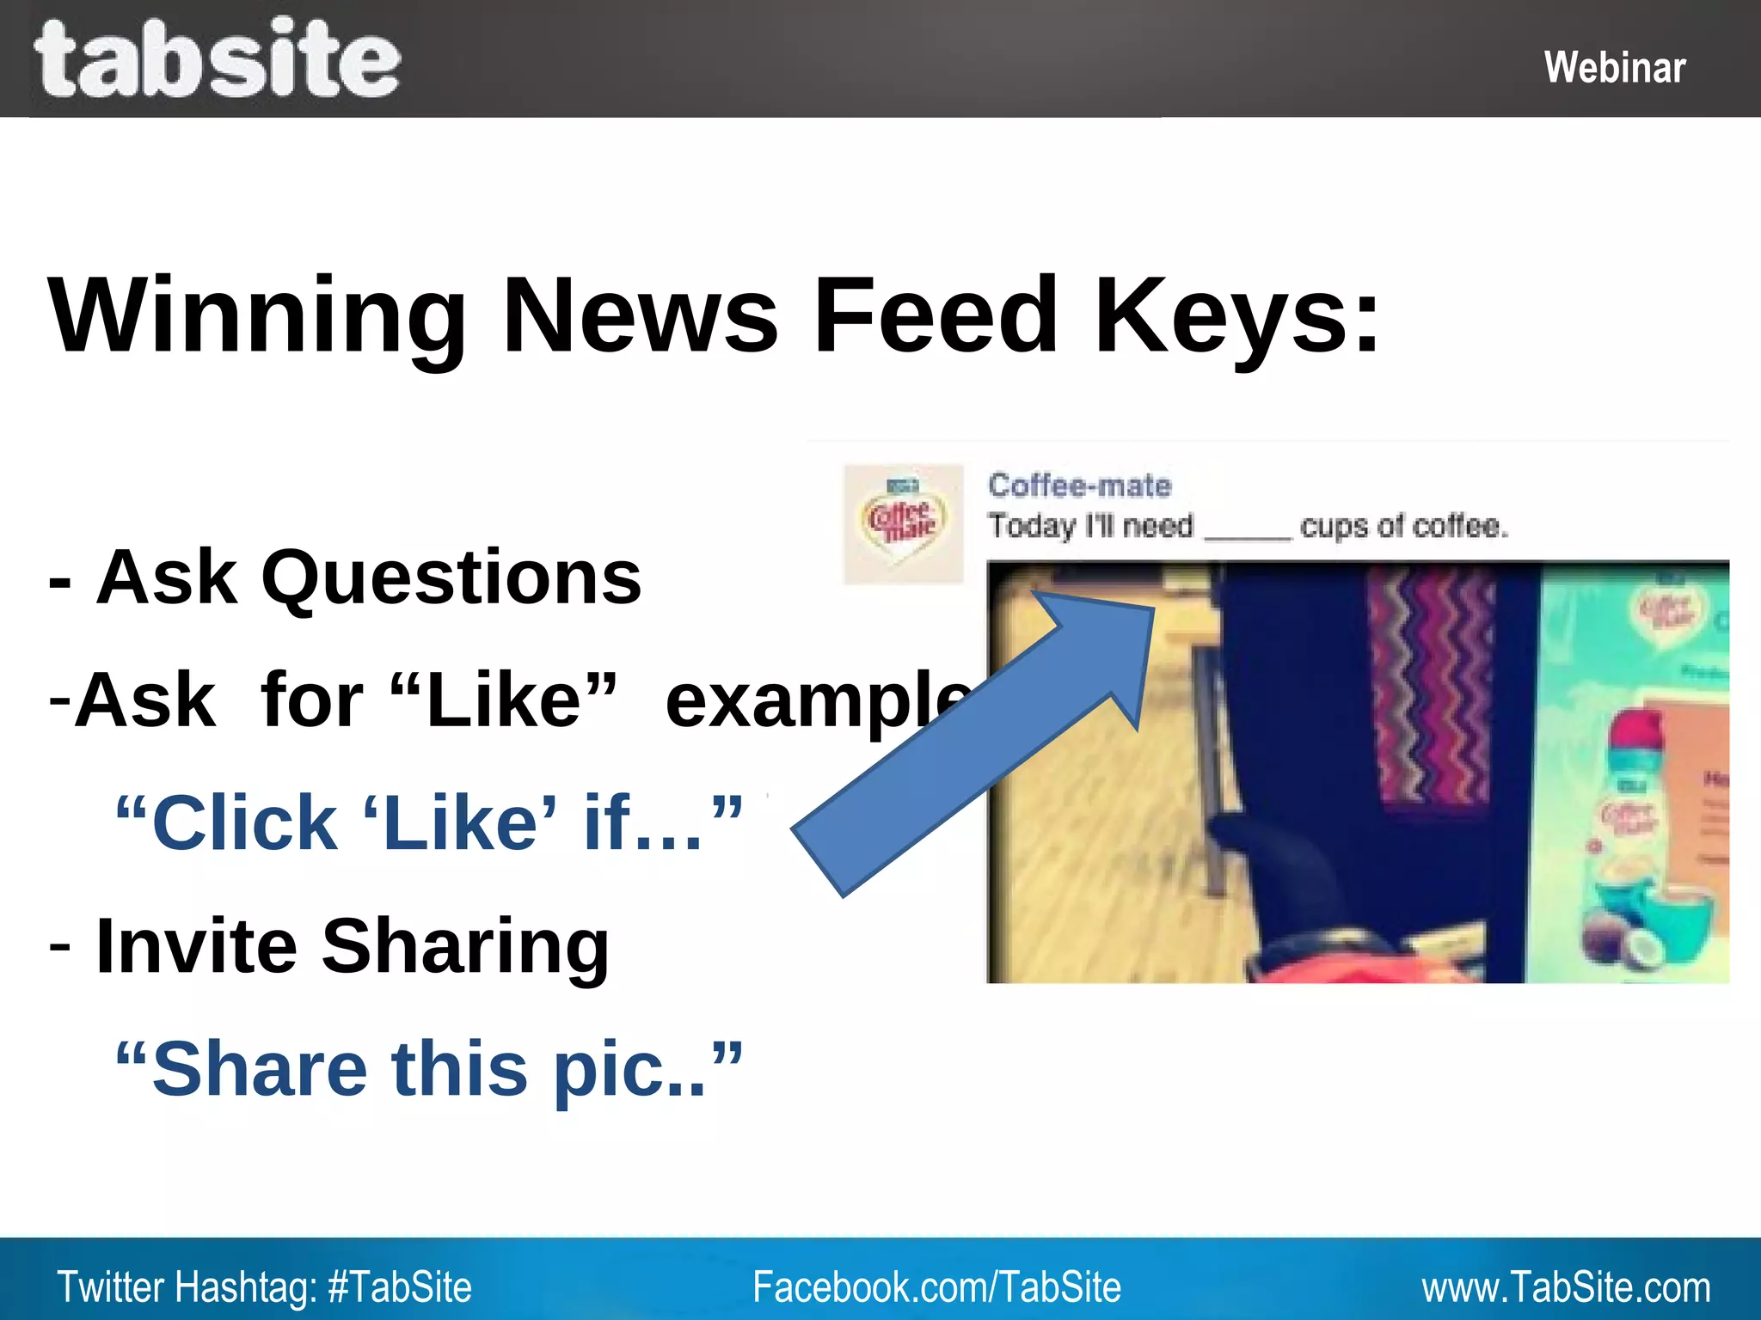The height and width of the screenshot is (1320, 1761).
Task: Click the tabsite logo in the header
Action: coord(217,58)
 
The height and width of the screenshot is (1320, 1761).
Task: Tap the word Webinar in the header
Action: coord(1614,67)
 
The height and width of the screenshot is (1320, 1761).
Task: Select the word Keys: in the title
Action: coord(1236,315)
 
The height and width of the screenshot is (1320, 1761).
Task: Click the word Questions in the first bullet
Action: coord(451,577)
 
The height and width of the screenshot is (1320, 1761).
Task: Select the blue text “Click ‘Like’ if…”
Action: coord(428,823)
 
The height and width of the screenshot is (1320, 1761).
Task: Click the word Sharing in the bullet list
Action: coord(464,946)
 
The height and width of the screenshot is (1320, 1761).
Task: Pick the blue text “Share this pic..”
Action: coord(428,1069)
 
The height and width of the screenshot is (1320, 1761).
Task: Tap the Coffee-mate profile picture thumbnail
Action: coord(903,524)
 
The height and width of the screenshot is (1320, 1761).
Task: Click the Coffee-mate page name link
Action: coord(1079,486)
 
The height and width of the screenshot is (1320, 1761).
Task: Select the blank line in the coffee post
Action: coord(1247,535)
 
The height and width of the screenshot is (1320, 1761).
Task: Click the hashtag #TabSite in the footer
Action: coord(400,1287)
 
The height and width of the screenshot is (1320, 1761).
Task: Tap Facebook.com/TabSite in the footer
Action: coord(936,1287)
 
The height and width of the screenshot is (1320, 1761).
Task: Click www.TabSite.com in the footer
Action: coord(1565,1287)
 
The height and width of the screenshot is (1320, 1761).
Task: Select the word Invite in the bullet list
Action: coord(196,946)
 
